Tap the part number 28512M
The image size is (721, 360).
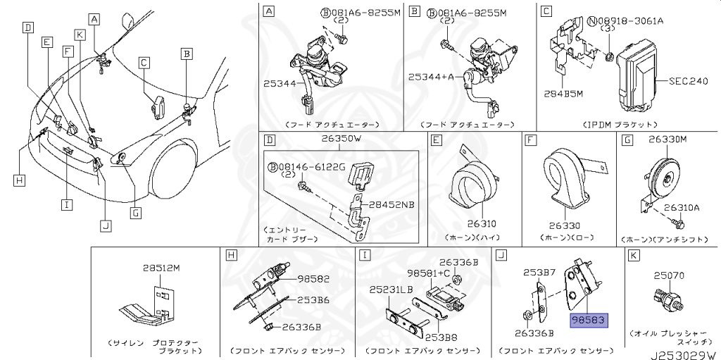(x=161, y=268)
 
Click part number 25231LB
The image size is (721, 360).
(x=391, y=290)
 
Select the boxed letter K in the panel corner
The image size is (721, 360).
(x=634, y=254)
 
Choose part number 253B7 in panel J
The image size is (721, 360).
(x=539, y=272)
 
